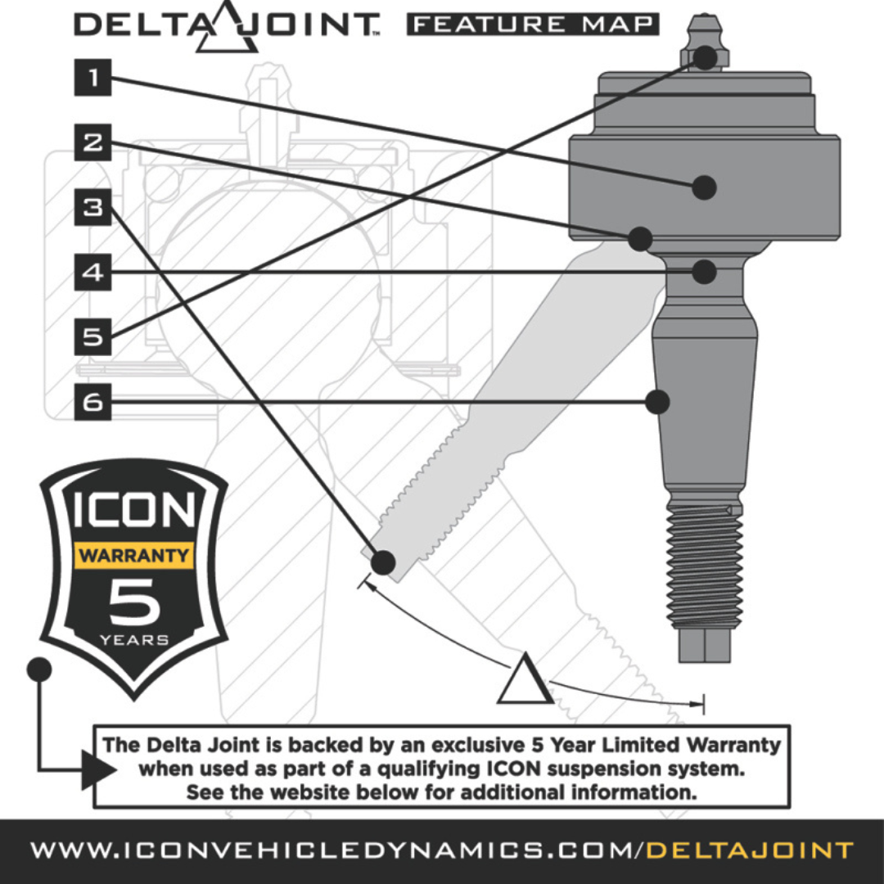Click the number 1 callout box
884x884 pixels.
pos(92,79)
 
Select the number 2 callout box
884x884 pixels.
pos(92,142)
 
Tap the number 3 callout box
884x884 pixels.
pos(92,207)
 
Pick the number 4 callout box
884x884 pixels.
pos(92,272)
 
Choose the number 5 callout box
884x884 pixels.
pos(92,336)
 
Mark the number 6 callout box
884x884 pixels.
pos(92,402)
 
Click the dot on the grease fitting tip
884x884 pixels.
pos(706,57)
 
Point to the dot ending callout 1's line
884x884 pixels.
pos(704,187)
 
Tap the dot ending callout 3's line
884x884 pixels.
pos(383,562)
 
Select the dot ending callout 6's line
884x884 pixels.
pos(657,402)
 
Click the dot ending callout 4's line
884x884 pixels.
pos(704,272)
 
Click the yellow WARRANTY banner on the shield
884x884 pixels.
pos(133,556)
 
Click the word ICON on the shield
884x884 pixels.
pos(134,510)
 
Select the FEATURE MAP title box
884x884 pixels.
pos(532,25)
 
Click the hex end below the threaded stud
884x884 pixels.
pos(704,646)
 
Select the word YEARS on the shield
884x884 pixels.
pos(133,639)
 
